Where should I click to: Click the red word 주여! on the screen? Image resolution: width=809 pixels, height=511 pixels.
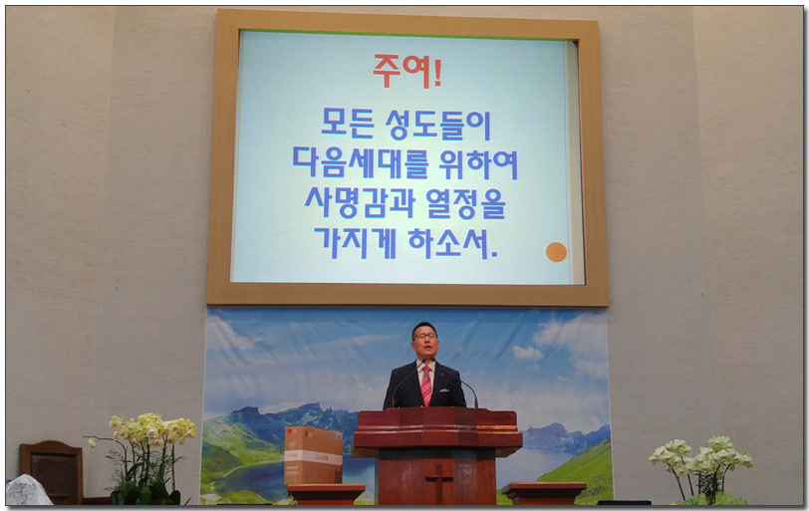[407, 71]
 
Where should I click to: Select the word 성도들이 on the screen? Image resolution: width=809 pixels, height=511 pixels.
[438, 125]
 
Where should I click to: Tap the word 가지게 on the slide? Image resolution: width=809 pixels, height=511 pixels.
[355, 242]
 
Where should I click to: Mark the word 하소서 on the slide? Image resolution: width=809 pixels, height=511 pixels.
[448, 242]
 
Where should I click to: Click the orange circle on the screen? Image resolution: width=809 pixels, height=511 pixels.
[556, 252]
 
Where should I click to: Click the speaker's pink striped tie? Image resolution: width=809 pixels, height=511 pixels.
[426, 385]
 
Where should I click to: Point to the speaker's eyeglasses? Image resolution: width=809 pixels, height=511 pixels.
[424, 337]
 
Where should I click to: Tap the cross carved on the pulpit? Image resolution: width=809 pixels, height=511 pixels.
[438, 481]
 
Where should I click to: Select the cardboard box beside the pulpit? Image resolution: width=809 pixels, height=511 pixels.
[313, 456]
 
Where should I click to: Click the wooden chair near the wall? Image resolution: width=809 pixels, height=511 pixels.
[51, 472]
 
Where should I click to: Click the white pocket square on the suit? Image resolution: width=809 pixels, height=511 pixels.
[442, 389]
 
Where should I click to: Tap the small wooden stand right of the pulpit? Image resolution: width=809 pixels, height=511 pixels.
[544, 493]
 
